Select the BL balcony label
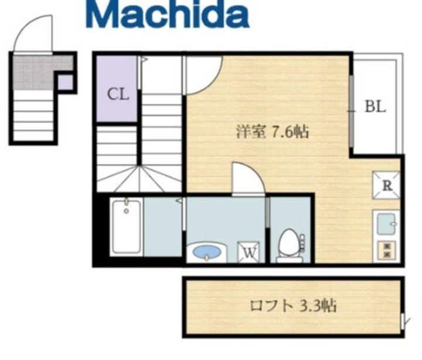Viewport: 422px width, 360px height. click(x=375, y=107)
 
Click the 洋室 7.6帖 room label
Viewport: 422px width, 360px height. click(x=273, y=131)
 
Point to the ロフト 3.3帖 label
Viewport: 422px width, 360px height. click(x=293, y=305)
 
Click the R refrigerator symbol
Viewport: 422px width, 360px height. click(x=387, y=186)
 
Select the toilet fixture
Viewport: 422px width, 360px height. click(x=289, y=245)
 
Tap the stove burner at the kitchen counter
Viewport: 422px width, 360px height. click(x=387, y=250)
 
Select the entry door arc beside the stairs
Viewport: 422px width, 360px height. click(x=203, y=74)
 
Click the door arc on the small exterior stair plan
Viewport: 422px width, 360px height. click(x=33, y=35)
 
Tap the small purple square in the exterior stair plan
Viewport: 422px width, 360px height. click(x=66, y=82)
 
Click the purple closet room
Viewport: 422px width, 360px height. click(x=117, y=88)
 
